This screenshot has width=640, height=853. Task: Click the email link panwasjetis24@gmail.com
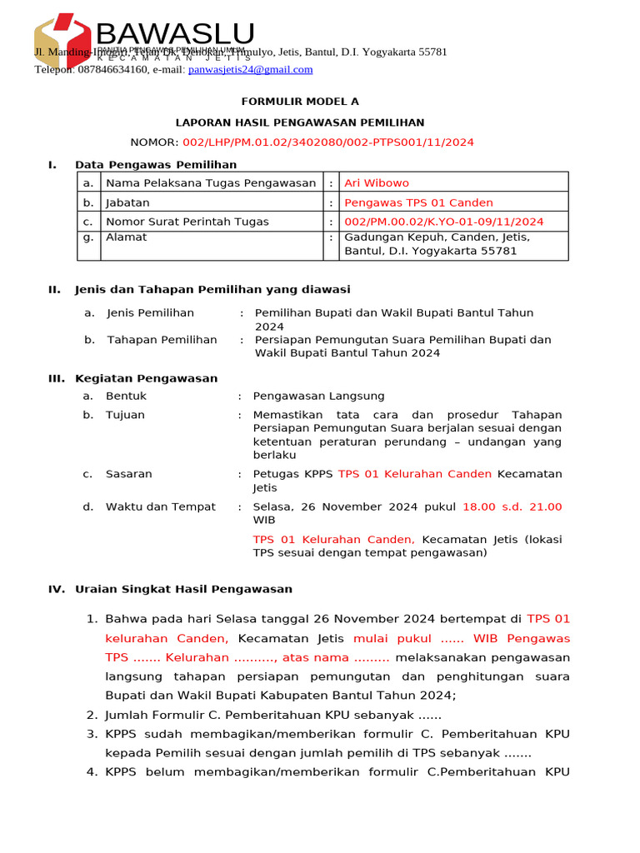(x=250, y=70)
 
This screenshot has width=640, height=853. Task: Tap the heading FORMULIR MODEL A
(x=299, y=102)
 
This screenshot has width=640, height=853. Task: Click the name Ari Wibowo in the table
(x=376, y=182)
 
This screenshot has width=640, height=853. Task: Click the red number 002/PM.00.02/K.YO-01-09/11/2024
(x=443, y=222)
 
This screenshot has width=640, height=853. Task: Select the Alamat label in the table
(x=126, y=237)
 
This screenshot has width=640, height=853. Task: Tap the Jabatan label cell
(x=127, y=202)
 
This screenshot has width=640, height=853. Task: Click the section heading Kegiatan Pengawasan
(x=146, y=378)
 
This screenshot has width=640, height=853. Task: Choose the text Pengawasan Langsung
(x=318, y=397)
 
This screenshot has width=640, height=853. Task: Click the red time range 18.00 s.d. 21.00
(x=512, y=506)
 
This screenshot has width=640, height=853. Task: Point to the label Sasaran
(x=128, y=474)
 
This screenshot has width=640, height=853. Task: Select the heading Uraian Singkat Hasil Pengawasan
(x=183, y=589)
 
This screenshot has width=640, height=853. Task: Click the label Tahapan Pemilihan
(x=162, y=340)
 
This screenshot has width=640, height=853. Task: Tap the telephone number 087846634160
(x=113, y=70)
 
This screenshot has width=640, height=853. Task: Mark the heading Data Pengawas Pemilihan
(x=156, y=165)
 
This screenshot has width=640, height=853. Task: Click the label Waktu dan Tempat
(x=160, y=506)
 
